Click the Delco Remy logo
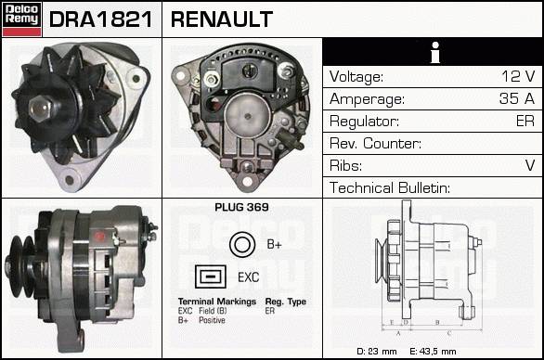pyautogui.click(x=21, y=19)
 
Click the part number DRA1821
pyautogui.click(x=101, y=19)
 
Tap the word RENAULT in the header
pyautogui.click(x=222, y=19)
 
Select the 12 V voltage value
pyautogui.click(x=518, y=76)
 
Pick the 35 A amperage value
pyautogui.click(x=517, y=98)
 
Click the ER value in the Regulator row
pyautogui.click(x=525, y=121)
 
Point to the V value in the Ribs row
pyautogui.click(x=530, y=165)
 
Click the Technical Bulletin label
pyautogui.click(x=390, y=187)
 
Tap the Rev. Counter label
pyautogui.click(x=375, y=143)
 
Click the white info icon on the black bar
pyautogui.click(x=435, y=52)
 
